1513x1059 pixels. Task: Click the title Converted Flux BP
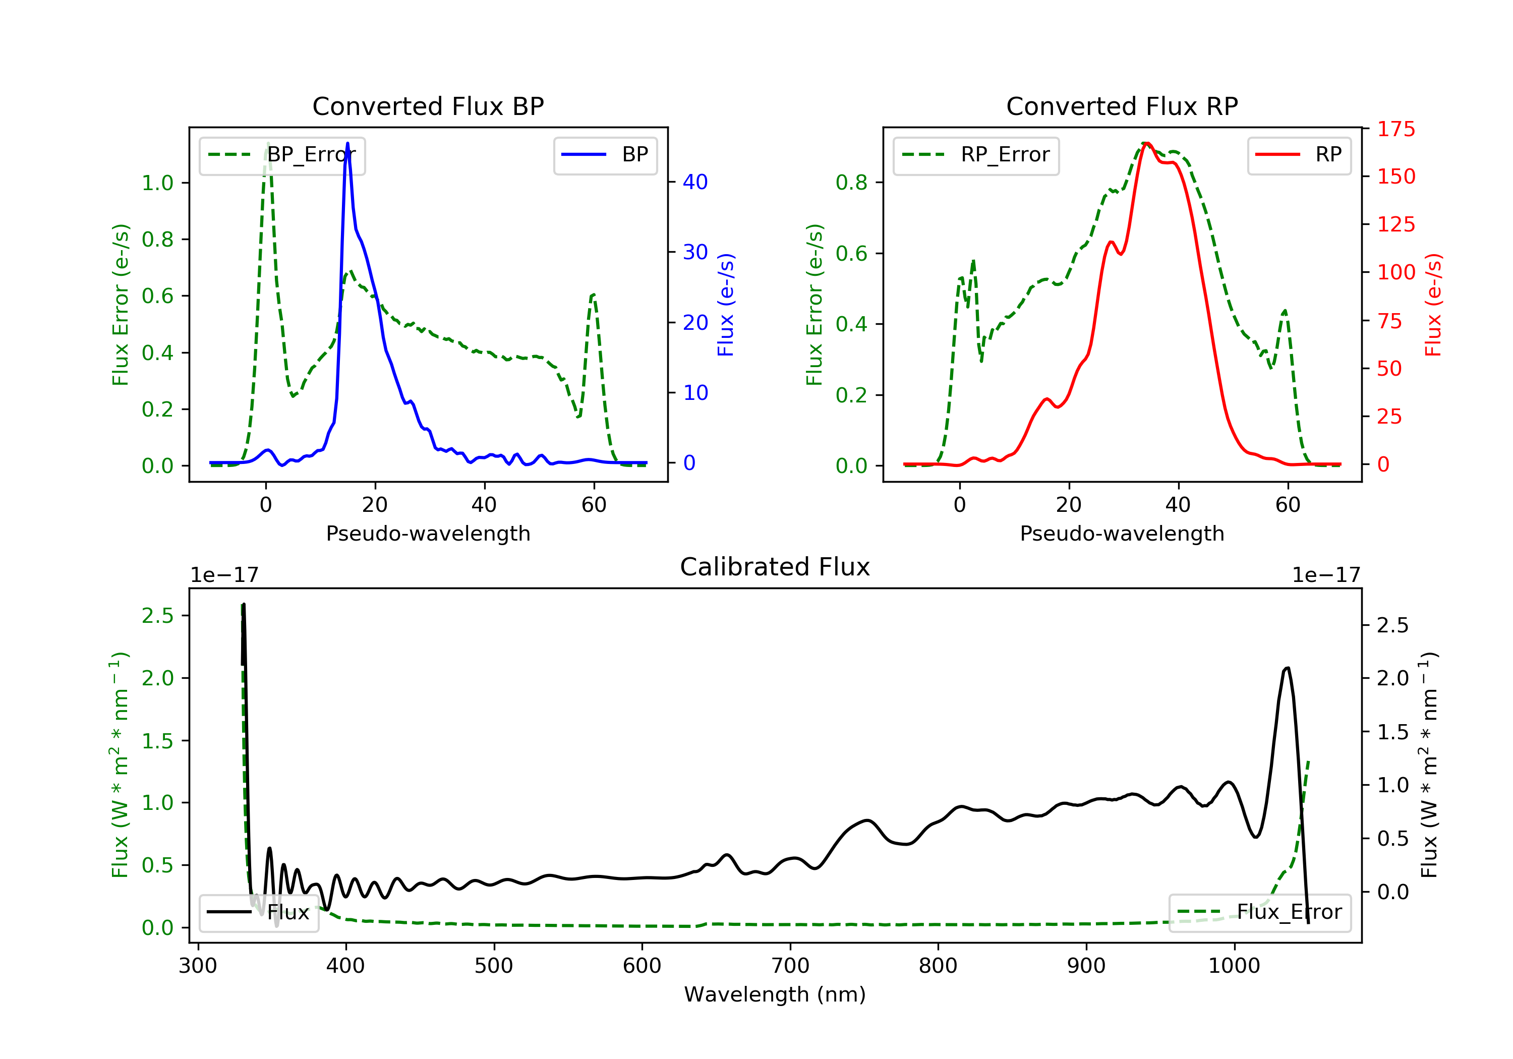pos(428,106)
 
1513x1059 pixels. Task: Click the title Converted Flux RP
pos(1122,106)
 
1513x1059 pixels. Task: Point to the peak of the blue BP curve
pos(347,144)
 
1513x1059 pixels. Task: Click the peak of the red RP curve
pos(1147,143)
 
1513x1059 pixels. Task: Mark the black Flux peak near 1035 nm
pos(1287,668)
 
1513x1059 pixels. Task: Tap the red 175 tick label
pos(1395,129)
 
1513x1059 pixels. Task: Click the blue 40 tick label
pos(694,182)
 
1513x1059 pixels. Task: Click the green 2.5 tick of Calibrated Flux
pos(157,616)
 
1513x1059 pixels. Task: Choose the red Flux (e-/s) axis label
pos(1433,305)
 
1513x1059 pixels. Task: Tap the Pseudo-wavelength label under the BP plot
pos(428,533)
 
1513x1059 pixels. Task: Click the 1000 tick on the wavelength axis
pos(1234,966)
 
